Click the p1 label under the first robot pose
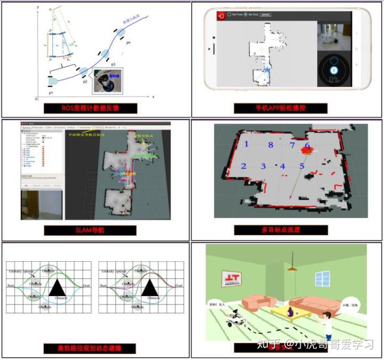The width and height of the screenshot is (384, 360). click(51, 93)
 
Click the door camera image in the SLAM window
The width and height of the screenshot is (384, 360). click(41, 204)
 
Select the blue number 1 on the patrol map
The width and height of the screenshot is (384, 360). click(246, 145)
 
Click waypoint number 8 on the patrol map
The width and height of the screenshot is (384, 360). click(271, 145)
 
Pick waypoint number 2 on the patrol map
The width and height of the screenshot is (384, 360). click(244, 166)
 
